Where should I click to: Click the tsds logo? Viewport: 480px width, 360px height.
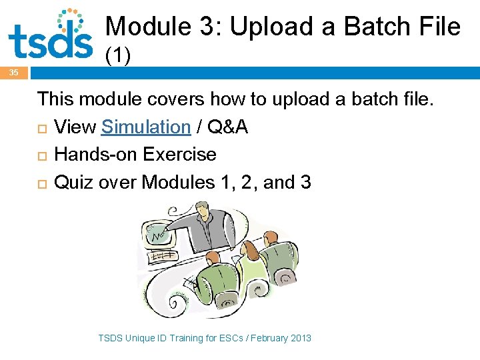point(50,35)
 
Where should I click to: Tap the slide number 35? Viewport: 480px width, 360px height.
point(14,73)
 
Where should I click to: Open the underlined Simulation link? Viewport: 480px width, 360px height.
point(146,127)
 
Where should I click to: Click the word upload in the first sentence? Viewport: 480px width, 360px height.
point(296,99)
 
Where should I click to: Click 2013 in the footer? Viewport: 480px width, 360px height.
point(300,338)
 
